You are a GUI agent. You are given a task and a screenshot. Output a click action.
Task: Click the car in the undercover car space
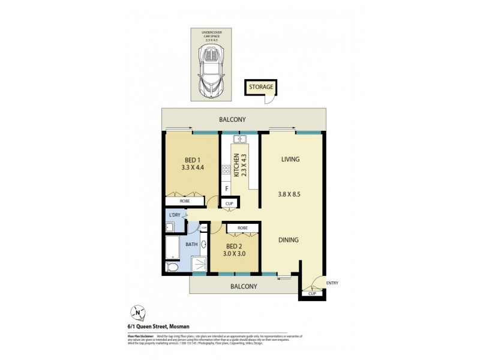click(x=211, y=71)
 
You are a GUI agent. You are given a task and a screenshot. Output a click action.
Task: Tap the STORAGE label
click(x=262, y=87)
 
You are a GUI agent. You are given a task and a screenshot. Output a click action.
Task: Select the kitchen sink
click(x=239, y=139)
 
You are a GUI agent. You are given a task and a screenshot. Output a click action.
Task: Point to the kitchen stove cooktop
click(x=227, y=170)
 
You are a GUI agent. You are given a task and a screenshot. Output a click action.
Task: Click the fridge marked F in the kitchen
click(x=226, y=190)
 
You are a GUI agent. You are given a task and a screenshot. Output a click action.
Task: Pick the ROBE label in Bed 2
click(x=242, y=229)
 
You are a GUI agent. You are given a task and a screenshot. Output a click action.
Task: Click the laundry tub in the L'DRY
click(x=170, y=227)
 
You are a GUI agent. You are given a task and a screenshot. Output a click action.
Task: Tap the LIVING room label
click(x=290, y=159)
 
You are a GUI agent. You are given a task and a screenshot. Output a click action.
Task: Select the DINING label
click(x=288, y=240)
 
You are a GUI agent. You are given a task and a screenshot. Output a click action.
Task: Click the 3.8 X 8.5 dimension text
click(x=289, y=194)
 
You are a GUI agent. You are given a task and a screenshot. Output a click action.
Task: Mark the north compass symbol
click(x=139, y=312)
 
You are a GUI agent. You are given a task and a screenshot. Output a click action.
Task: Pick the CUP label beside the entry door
click(x=312, y=293)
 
